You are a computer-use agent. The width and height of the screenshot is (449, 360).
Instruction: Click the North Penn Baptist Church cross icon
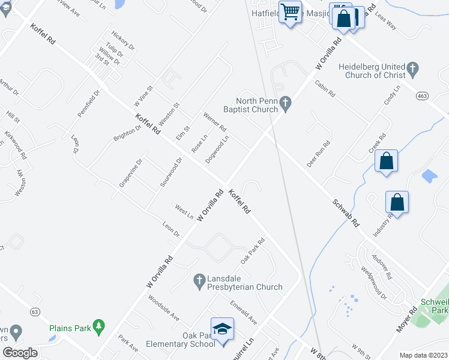(x=286, y=105)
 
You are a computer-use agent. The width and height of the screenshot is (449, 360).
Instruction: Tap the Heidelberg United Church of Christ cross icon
(x=412, y=70)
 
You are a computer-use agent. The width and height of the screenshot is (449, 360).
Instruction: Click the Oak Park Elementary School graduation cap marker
(x=223, y=329)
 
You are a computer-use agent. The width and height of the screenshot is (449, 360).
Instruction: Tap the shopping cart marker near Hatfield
(x=291, y=11)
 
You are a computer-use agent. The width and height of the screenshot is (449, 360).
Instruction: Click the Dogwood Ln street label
(x=217, y=149)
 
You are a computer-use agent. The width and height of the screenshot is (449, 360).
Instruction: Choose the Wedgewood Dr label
(x=374, y=282)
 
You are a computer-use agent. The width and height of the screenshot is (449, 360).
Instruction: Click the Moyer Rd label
(x=406, y=320)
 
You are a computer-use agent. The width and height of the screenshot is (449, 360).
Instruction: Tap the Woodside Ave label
(x=164, y=307)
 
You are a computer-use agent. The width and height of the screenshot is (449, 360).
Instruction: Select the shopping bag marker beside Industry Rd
(x=397, y=202)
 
